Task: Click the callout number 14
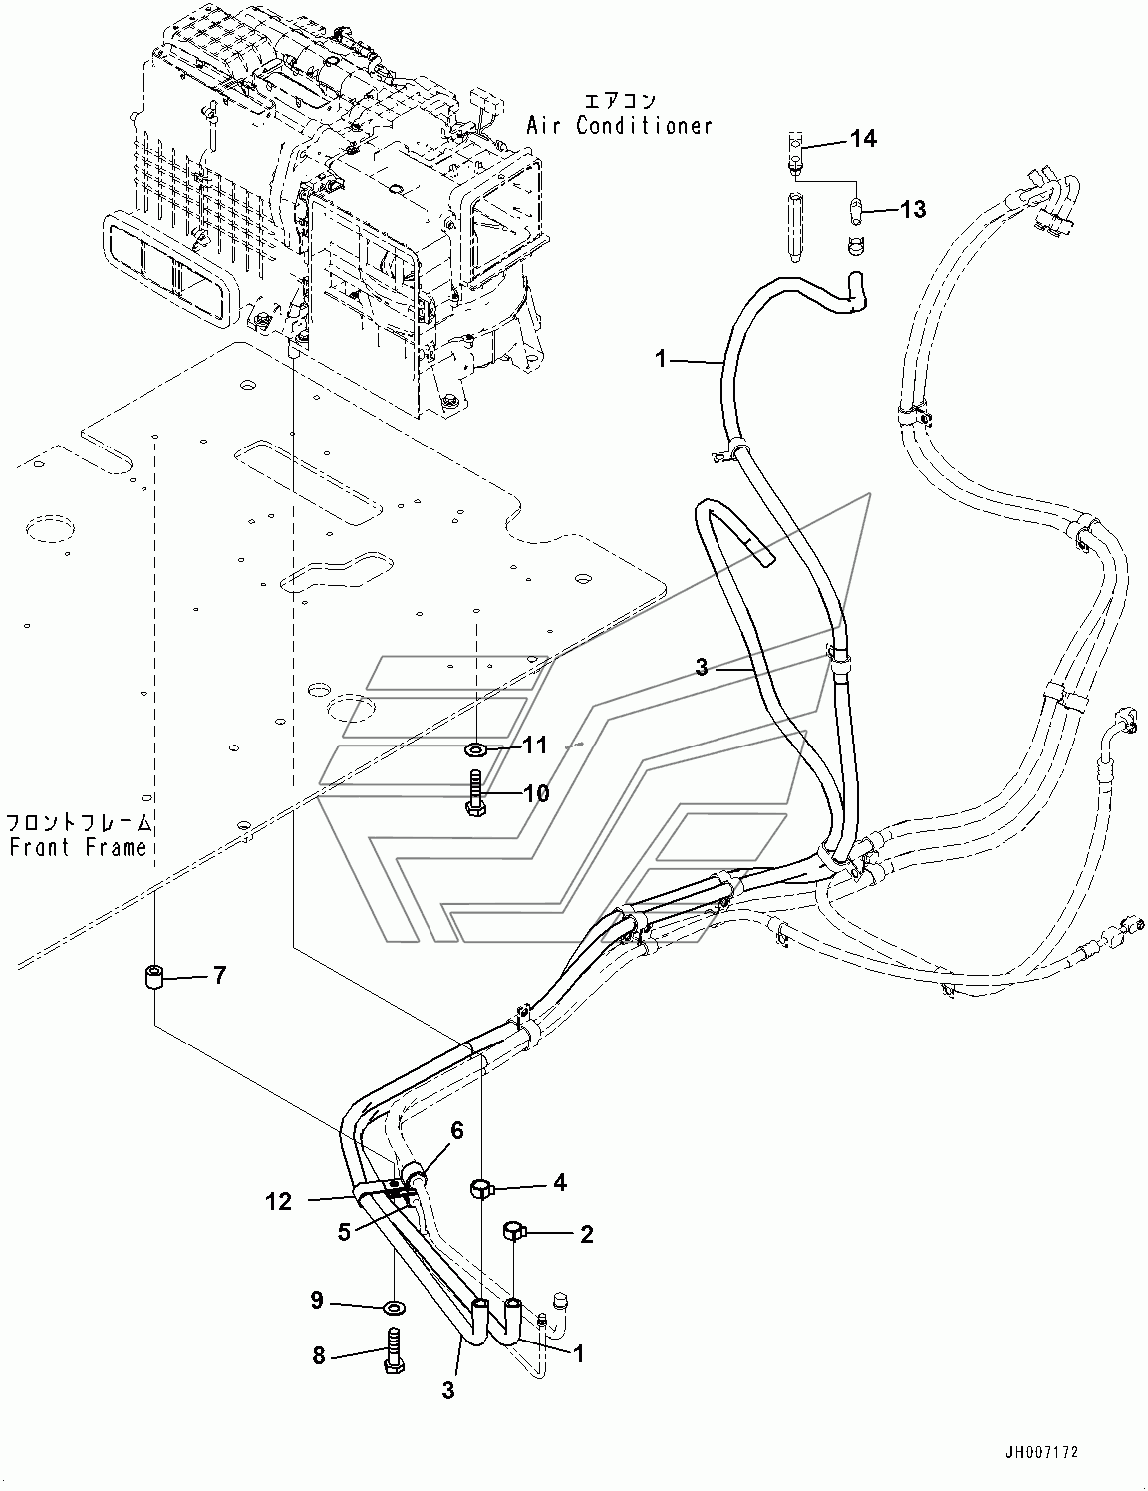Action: [x=863, y=139]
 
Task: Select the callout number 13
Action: [x=912, y=209]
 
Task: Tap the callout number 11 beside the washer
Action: [x=536, y=745]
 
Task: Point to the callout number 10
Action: [x=536, y=793]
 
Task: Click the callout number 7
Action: [x=219, y=975]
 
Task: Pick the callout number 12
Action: [x=279, y=1201]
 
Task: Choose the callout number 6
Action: [x=457, y=1130]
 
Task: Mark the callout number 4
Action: [x=560, y=1182]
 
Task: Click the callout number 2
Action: [x=586, y=1234]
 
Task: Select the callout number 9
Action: [x=317, y=1299]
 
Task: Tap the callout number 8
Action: [x=319, y=1356]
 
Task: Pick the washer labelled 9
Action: [x=393, y=1305]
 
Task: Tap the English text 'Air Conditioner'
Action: [x=620, y=126]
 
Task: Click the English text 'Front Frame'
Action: [x=78, y=847]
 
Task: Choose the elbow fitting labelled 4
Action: [x=480, y=1187]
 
